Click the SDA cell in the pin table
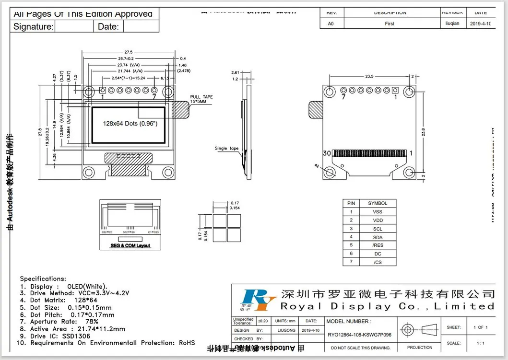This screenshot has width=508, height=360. [x=378, y=237]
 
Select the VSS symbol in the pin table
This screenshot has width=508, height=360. [x=378, y=212]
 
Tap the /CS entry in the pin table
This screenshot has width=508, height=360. [x=378, y=262]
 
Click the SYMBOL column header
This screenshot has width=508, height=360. [x=378, y=203]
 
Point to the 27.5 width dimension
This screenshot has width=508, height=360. [x=129, y=51]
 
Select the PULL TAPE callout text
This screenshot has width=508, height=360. [x=201, y=99]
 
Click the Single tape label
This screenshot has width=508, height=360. [x=226, y=149]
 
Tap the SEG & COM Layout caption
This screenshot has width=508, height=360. [x=130, y=245]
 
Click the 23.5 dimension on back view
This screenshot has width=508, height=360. [x=369, y=76]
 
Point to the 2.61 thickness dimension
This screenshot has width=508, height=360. [x=235, y=72]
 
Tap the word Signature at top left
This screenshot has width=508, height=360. [x=33, y=27]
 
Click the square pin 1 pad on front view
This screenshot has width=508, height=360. [x=103, y=90]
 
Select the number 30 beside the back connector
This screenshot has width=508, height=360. [x=327, y=153]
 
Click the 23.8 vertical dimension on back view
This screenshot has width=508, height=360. [x=423, y=132]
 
